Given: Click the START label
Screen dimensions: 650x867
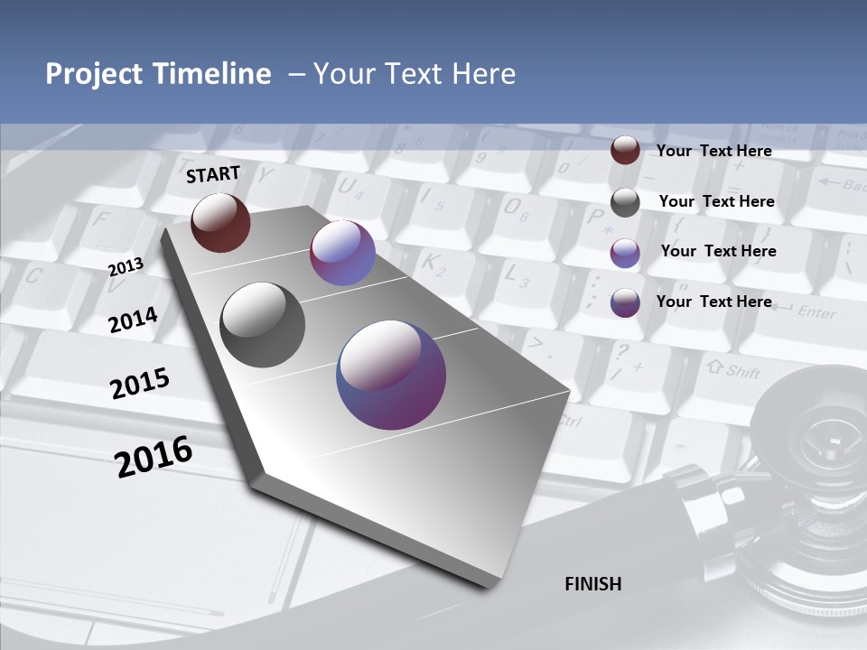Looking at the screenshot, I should tap(213, 174).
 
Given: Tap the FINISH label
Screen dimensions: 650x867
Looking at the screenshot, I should tap(593, 584).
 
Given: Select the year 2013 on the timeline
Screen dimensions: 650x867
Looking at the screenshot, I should tap(126, 266).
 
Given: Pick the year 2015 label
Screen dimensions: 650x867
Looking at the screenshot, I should tap(140, 383).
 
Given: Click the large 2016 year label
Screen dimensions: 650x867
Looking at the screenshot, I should tap(154, 456).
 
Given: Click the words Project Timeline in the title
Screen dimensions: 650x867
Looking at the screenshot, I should tap(158, 74).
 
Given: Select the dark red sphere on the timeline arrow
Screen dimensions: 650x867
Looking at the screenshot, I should tap(220, 222).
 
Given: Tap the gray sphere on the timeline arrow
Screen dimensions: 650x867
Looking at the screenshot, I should tap(263, 325).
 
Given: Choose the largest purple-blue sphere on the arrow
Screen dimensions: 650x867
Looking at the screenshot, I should tap(391, 375).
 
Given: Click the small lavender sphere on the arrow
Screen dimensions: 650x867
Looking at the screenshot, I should tap(342, 253).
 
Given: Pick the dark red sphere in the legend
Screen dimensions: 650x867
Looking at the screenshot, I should tap(625, 151).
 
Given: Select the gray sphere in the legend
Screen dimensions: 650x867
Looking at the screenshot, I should tap(625, 202).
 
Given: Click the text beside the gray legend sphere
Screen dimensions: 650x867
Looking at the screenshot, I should tap(716, 201).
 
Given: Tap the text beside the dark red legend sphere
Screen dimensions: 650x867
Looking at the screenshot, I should tap(713, 151).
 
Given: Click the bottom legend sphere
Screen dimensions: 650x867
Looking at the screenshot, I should tap(625, 302).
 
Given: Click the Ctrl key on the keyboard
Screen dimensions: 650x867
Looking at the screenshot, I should tap(570, 421).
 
